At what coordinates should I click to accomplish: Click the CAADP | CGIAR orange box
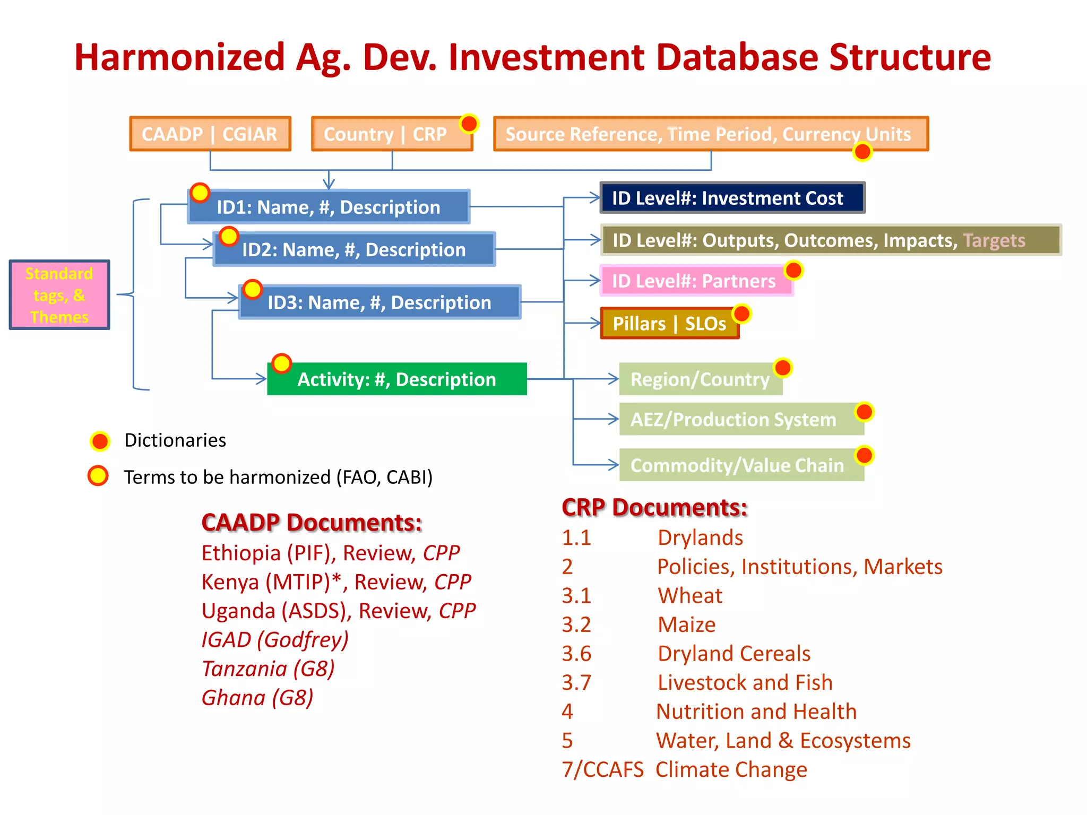[x=210, y=134]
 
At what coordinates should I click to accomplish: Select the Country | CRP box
[x=385, y=134]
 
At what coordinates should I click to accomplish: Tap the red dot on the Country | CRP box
[x=469, y=124]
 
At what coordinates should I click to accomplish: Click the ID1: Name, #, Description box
[x=329, y=207]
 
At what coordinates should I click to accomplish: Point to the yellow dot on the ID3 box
[x=253, y=290]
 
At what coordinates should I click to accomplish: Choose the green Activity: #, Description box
[x=396, y=379]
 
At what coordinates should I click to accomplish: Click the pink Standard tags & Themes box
[x=59, y=295]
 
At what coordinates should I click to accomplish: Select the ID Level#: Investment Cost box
[x=732, y=198]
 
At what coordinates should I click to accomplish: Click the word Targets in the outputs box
[x=994, y=240]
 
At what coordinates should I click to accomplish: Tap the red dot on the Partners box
[x=793, y=270]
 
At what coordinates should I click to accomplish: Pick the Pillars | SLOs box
[x=669, y=323]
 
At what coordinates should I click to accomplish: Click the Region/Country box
[x=700, y=379]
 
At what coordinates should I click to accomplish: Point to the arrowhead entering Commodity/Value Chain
[x=614, y=465]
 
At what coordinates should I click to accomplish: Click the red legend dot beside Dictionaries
[x=100, y=441]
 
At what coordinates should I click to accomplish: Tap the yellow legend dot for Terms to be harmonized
[x=98, y=476]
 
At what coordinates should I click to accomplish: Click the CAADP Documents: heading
[x=312, y=523]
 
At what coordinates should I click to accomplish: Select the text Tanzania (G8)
[x=268, y=669]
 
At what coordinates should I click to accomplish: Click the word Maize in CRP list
[x=686, y=625]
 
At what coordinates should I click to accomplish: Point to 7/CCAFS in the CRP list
[x=602, y=769]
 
